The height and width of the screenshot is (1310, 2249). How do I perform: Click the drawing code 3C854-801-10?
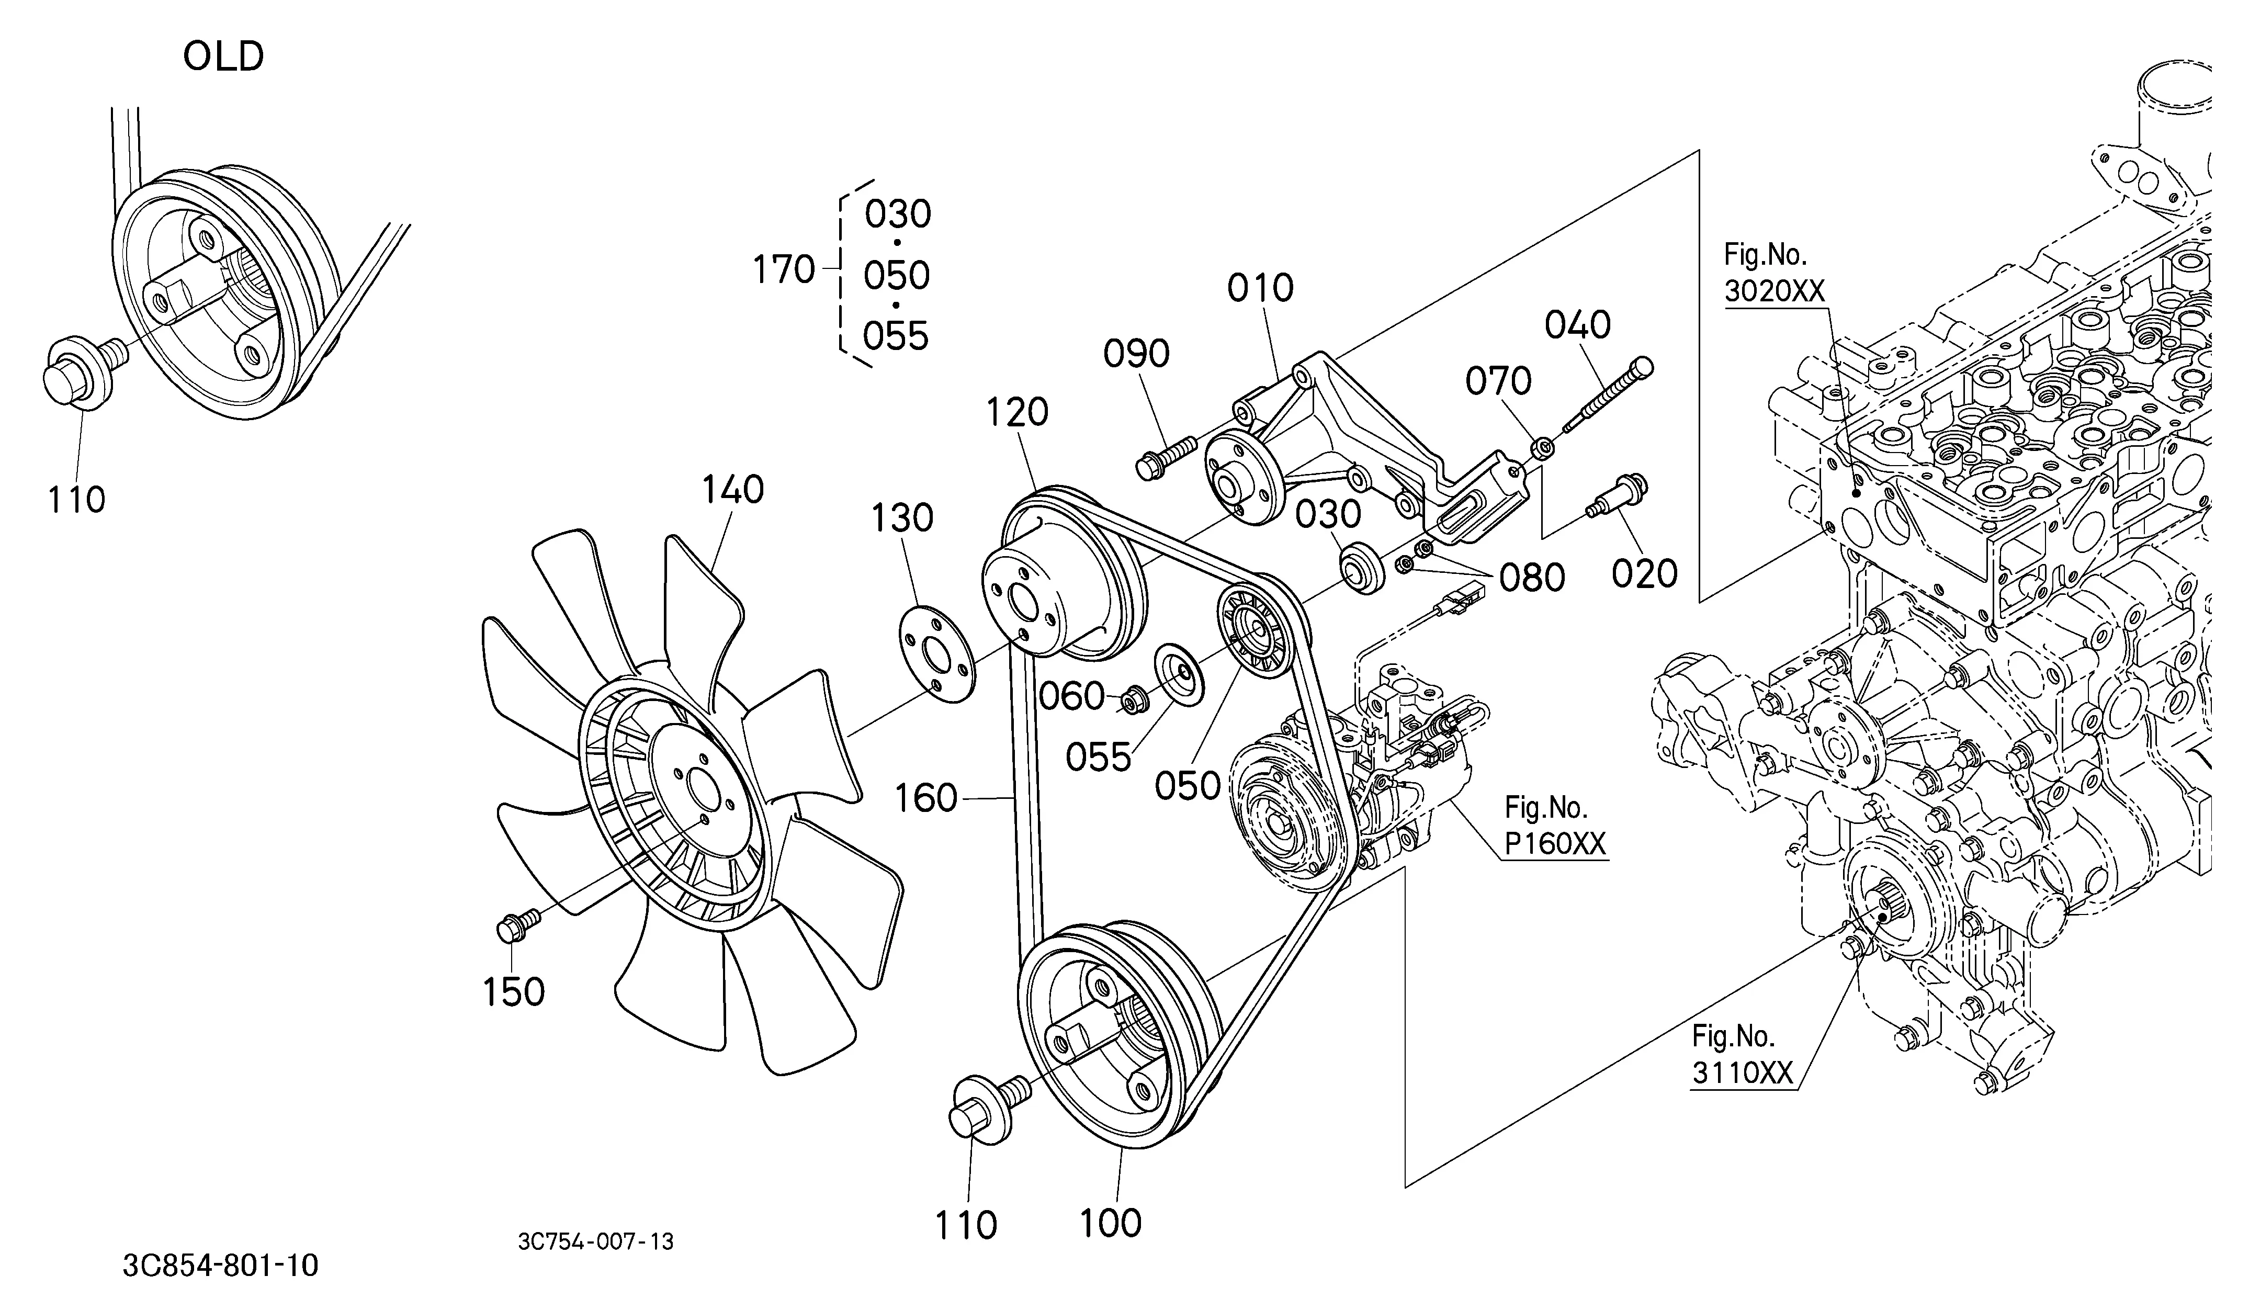point(220,1266)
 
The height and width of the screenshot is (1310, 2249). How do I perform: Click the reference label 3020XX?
point(1774,291)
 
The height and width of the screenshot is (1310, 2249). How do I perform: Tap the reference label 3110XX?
point(1742,1072)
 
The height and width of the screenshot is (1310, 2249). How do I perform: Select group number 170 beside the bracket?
point(784,269)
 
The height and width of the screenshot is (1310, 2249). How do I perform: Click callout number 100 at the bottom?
point(1110,1224)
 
